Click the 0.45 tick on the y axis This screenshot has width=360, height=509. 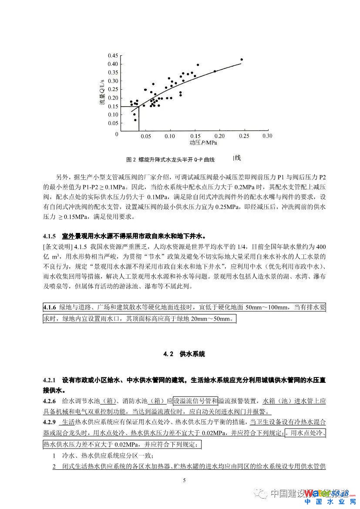[112, 56]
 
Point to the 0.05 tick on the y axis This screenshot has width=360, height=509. [112, 123]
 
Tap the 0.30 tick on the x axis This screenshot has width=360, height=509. [266, 136]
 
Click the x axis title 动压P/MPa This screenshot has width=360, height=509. [203, 143]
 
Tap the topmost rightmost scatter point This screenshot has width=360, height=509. [242, 60]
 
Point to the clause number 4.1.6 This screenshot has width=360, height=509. [50, 308]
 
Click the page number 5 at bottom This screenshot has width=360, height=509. [184, 480]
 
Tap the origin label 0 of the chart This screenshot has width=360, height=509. [117, 135]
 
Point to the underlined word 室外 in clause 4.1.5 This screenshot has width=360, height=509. [68, 236]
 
